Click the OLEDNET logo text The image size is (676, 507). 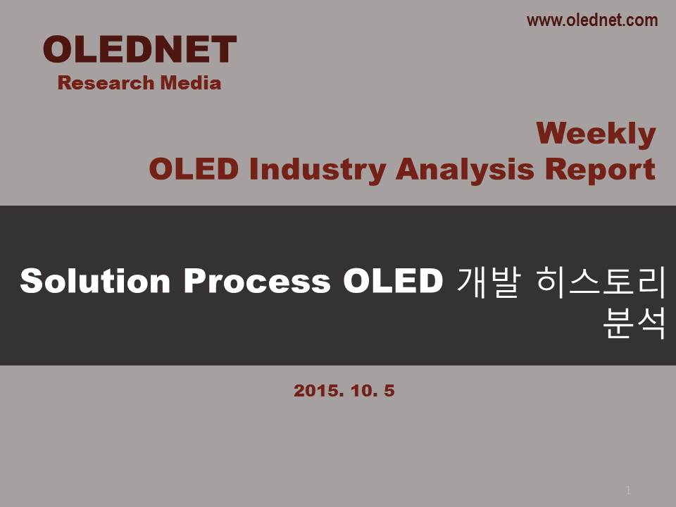pos(139,49)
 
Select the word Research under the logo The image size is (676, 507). pos(106,83)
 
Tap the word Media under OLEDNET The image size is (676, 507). pos(191,83)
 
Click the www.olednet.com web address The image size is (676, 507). pos(592,20)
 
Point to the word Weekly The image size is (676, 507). pos(596,134)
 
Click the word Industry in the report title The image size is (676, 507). pos(318,170)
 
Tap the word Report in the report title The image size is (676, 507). pos(600,170)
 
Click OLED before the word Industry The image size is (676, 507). pos(194,168)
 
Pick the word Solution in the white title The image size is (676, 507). pos(95,281)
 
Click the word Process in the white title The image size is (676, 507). pos(257,281)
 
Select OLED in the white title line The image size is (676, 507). pos(393,281)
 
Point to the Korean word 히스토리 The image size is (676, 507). pos(601,282)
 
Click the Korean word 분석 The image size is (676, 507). pos(634,322)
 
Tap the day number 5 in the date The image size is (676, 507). pos(389,391)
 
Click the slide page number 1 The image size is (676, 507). pos(628,490)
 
